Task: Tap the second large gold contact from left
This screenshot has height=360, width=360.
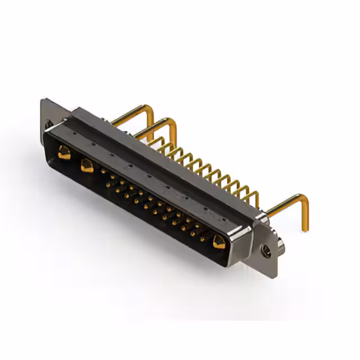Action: point(87,166)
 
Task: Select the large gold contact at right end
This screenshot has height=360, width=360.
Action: point(219,242)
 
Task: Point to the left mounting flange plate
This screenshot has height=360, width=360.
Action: point(48,115)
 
